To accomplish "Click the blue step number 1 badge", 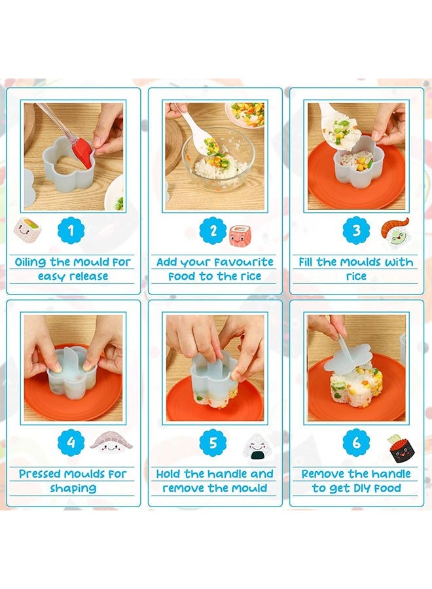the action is pyautogui.click(x=71, y=230).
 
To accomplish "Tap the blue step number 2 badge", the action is pyautogui.click(x=213, y=230).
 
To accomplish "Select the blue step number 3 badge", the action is pyautogui.click(x=356, y=230).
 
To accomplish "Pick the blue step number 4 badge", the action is pyautogui.click(x=71, y=442).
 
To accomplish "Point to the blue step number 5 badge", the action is pyautogui.click(x=213, y=442).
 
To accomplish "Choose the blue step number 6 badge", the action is pyautogui.click(x=356, y=442).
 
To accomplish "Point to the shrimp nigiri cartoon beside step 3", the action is pyautogui.click(x=395, y=233).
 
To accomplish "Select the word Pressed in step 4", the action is pyautogui.click(x=39, y=474).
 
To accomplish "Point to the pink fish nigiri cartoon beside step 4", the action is pyautogui.click(x=111, y=442).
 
